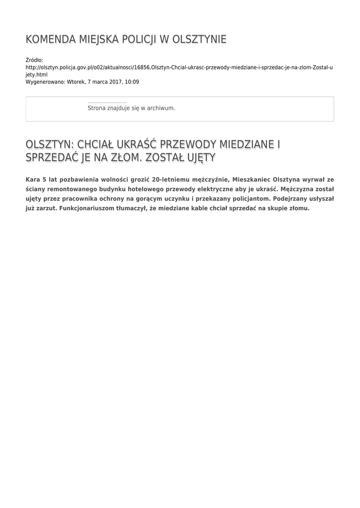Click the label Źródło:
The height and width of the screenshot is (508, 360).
point(34,60)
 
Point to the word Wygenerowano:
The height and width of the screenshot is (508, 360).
point(45,81)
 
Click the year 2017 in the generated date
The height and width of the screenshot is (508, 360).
point(113,81)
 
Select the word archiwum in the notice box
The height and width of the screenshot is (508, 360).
point(162,108)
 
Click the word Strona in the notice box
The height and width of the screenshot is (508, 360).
point(96,108)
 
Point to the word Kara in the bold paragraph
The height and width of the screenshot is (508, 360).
point(33,180)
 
